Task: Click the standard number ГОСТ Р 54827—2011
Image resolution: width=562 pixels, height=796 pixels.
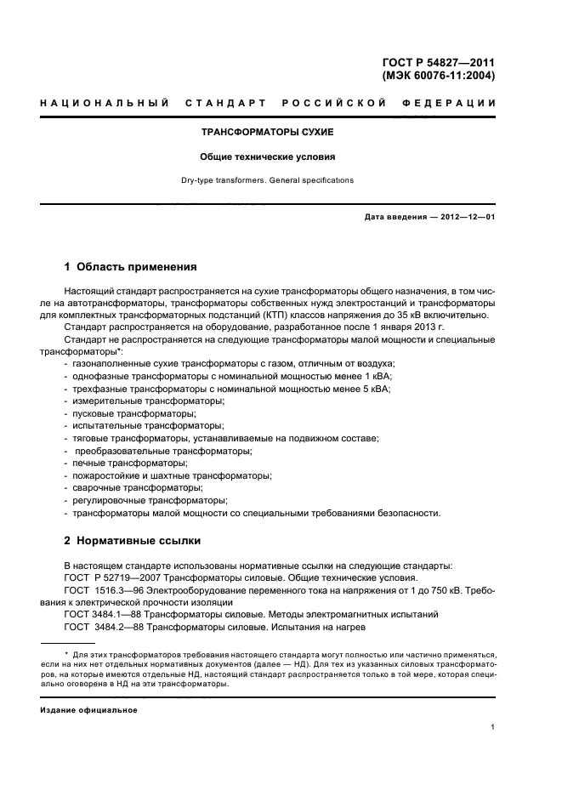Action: coord(440,63)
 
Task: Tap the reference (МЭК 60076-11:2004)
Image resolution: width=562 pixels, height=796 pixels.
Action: coord(439,76)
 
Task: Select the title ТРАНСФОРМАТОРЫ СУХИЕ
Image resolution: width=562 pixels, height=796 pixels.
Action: coord(267,134)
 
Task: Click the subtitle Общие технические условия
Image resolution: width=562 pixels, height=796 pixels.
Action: coord(267,157)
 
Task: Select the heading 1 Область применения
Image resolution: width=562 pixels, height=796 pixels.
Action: coord(131,266)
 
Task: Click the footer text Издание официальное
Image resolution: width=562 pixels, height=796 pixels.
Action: coord(88,709)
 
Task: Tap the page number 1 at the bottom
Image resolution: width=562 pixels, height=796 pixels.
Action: coord(493,727)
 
